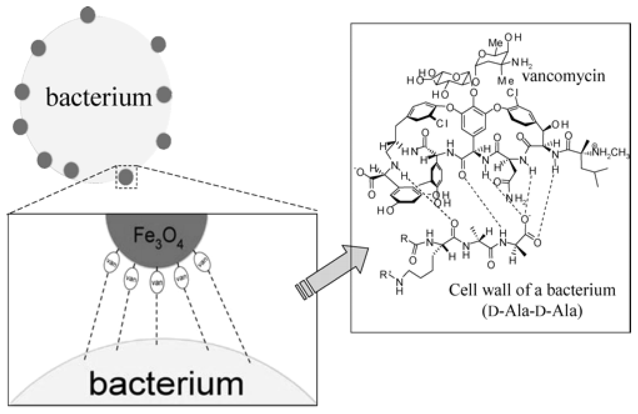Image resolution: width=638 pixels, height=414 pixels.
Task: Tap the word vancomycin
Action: (563, 76)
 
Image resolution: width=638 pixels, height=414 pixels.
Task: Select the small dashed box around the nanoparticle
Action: (126, 176)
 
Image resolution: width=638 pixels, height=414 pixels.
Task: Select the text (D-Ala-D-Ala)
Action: (532, 311)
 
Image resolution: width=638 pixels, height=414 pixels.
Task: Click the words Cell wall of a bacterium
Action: (532, 290)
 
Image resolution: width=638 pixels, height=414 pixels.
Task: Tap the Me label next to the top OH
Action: (496, 43)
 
